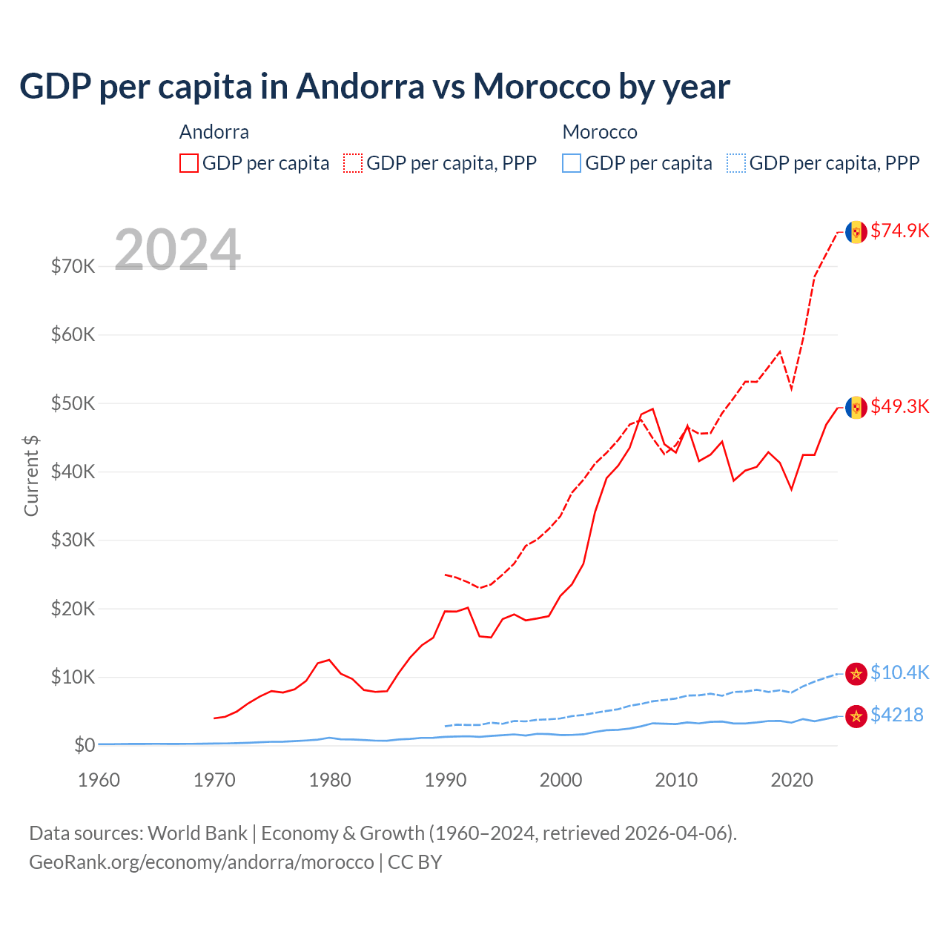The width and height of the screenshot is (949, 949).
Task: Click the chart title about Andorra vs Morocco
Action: click(x=374, y=87)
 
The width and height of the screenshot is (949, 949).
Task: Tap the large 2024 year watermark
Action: click(x=177, y=250)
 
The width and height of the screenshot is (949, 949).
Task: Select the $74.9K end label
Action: click(x=899, y=231)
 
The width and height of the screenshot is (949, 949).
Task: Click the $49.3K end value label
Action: click(x=899, y=406)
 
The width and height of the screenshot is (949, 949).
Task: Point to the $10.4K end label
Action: click(x=899, y=672)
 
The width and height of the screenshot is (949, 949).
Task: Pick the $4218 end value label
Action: click(x=896, y=715)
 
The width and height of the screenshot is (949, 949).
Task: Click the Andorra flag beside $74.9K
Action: click(x=856, y=232)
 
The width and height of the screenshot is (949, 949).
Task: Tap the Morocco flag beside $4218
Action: click(x=856, y=715)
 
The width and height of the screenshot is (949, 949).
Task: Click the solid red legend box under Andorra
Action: click(x=189, y=163)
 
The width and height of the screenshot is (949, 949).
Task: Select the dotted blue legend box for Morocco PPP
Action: click(x=736, y=163)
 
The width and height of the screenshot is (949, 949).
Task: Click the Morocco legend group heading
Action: click(x=600, y=132)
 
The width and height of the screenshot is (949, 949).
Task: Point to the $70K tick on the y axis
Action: click(x=73, y=266)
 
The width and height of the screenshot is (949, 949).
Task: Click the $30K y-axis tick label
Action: click(x=73, y=540)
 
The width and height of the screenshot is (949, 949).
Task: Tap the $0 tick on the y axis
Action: click(x=84, y=745)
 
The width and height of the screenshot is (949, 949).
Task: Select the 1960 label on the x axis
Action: click(x=99, y=780)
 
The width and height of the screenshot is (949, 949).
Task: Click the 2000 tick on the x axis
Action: click(x=561, y=780)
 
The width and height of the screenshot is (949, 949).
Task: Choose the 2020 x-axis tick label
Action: click(x=792, y=780)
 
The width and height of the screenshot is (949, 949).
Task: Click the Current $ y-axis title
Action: click(x=31, y=476)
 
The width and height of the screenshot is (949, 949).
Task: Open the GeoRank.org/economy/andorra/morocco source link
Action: click(x=202, y=862)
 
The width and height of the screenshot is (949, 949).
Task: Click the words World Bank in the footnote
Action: click(x=197, y=833)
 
